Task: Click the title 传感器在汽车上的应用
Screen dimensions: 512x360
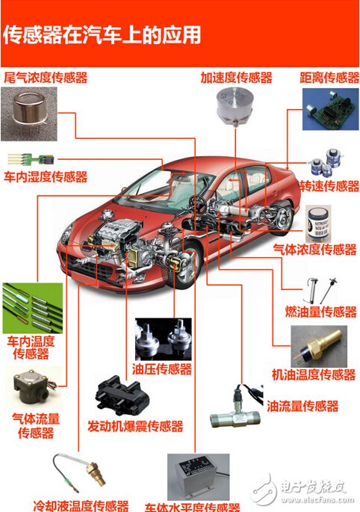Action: coord(103,34)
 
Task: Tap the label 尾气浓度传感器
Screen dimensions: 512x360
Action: coord(46,77)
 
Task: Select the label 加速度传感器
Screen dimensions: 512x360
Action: coord(236,78)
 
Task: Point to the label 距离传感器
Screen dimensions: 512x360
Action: coord(330,78)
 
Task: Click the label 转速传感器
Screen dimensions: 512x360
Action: coord(329,185)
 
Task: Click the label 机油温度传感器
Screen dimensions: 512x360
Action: coord(313,374)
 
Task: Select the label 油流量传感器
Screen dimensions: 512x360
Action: coord(302,407)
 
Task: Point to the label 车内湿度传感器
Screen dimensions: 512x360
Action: coord(46,177)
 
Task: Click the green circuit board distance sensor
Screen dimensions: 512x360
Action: coord(330,108)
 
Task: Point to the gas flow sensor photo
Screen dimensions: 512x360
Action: coord(32,389)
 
